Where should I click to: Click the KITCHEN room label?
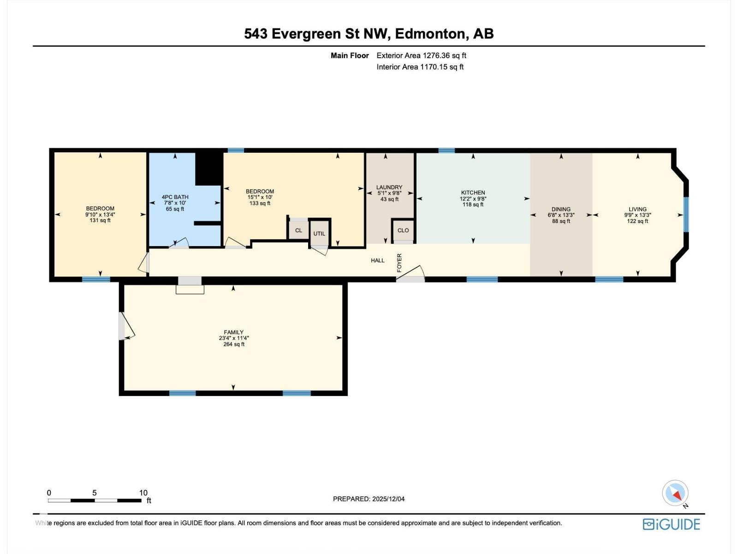(473, 193)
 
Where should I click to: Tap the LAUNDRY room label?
(389, 187)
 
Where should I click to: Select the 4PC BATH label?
(175, 197)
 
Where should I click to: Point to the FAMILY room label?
(233, 332)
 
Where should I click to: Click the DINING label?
(561, 209)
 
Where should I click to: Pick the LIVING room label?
(637, 209)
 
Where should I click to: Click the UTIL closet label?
(319, 234)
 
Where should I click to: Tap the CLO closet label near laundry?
(403, 230)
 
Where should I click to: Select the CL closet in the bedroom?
(298, 230)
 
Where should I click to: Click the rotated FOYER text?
(399, 263)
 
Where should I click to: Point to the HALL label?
(377, 260)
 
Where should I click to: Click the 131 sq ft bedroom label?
(100, 220)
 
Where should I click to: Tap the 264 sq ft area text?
(233, 344)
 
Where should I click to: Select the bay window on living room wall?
(686, 214)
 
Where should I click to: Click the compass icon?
(675, 493)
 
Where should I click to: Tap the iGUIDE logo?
(672, 524)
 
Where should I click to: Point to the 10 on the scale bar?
(143, 493)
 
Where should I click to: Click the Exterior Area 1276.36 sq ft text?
(421, 55)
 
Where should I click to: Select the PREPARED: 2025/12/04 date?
(369, 499)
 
